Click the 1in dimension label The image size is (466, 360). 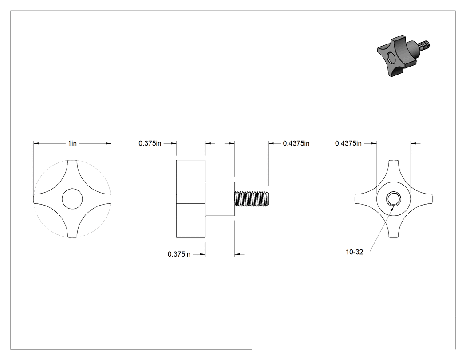pyautogui.click(x=72, y=143)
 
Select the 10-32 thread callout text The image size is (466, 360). pyautogui.click(x=354, y=252)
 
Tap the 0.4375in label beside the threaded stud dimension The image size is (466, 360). pyautogui.click(x=296, y=143)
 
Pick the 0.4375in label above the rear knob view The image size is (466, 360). pyautogui.click(x=348, y=143)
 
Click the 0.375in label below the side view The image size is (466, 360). pyautogui.click(x=179, y=254)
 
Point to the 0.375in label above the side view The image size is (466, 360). pyautogui.click(x=150, y=143)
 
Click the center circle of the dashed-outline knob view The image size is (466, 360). pyautogui.click(x=72, y=198)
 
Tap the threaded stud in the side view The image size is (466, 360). pyautogui.click(x=252, y=199)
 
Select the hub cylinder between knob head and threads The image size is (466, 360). pyautogui.click(x=220, y=199)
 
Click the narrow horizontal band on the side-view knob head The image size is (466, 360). pyautogui.click(x=191, y=199)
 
